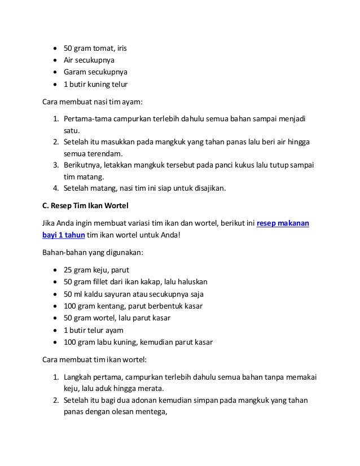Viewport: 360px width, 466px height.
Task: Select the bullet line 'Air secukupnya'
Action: coord(87,60)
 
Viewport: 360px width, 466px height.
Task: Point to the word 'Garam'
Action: coord(74,73)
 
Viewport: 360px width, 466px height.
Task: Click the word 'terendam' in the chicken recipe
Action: coord(105,153)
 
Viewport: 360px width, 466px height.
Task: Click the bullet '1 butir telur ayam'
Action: coord(93,330)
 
